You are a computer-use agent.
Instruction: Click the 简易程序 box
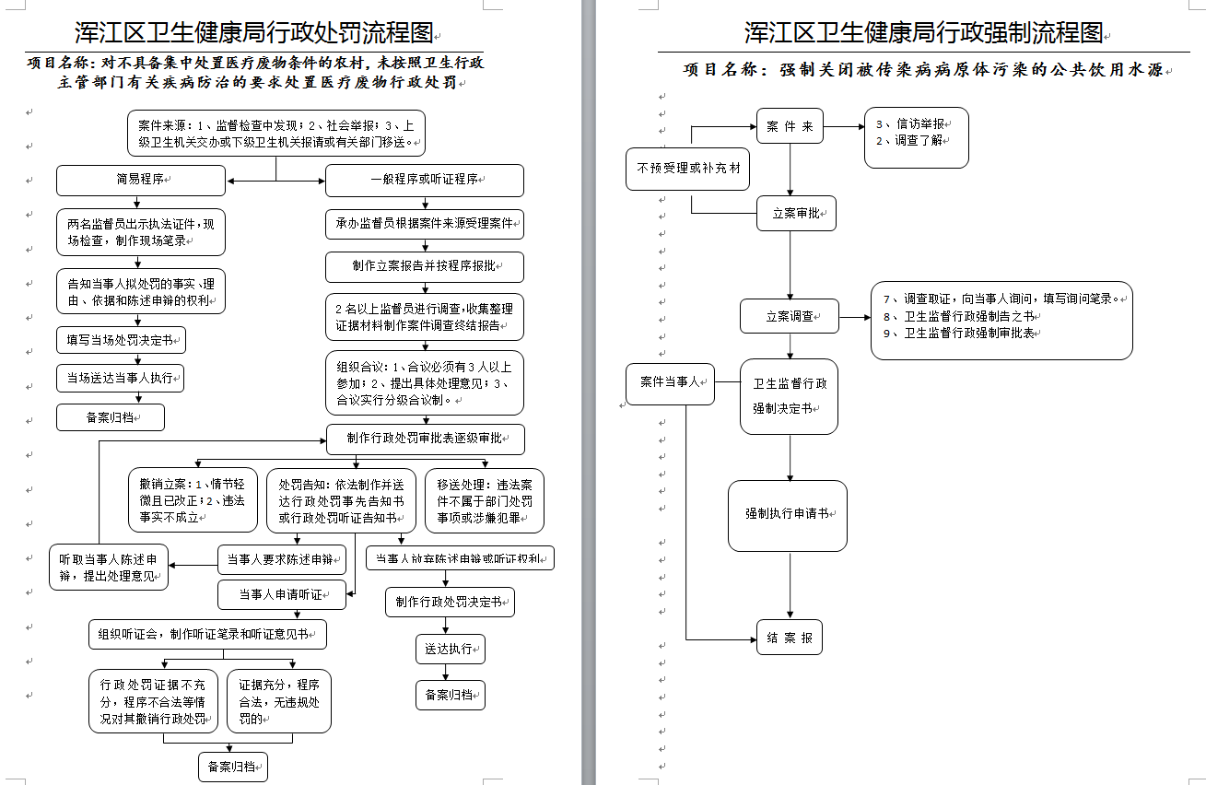click(x=140, y=181)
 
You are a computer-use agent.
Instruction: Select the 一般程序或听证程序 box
click(x=424, y=181)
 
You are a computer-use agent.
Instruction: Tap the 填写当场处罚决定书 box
click(x=121, y=340)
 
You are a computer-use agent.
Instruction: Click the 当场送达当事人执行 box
click(x=121, y=378)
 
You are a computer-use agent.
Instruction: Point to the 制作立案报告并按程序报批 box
click(x=424, y=266)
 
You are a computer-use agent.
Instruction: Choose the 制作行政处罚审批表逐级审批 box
click(x=425, y=439)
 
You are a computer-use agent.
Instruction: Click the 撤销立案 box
click(x=193, y=500)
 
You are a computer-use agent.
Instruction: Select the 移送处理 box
click(x=484, y=500)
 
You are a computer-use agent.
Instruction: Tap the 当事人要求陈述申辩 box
click(x=281, y=558)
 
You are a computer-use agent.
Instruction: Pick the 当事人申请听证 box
click(x=281, y=594)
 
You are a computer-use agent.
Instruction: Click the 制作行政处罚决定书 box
click(x=449, y=603)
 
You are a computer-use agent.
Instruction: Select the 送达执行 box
click(x=449, y=649)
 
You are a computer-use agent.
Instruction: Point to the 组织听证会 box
click(x=207, y=634)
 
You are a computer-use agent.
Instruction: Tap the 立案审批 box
click(x=796, y=213)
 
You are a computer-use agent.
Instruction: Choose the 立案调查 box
click(x=790, y=316)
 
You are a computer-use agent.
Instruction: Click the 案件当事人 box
click(x=670, y=382)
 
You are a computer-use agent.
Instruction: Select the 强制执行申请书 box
click(x=788, y=515)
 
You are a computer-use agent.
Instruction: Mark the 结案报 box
click(x=789, y=638)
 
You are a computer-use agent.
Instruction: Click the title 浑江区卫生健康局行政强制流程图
click(x=923, y=33)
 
